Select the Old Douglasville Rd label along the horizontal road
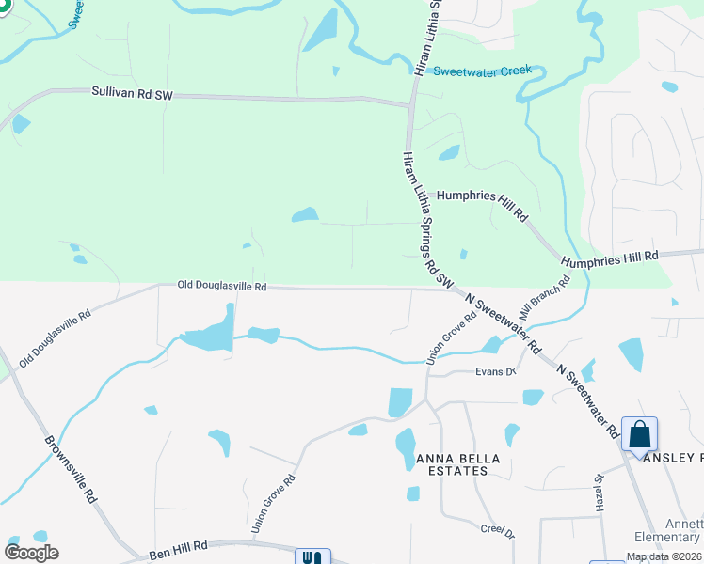[x=222, y=285]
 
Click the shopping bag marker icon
[x=640, y=435]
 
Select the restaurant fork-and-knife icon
[x=312, y=557]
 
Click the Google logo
[x=31, y=553]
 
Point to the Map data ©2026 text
[x=664, y=556]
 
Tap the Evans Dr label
[x=496, y=372]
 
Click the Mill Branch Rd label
[x=551, y=296]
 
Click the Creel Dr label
[x=497, y=533]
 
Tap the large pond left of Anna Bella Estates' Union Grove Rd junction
[x=400, y=402]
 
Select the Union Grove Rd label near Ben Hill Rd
[x=273, y=504]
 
